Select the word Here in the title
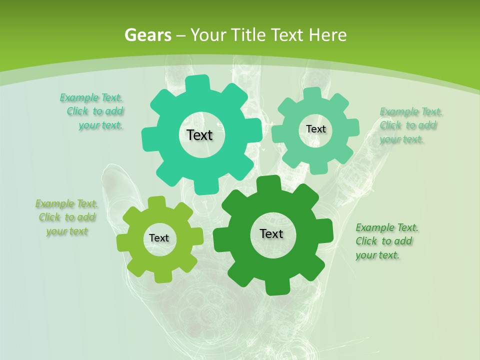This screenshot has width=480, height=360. pyautogui.click(x=327, y=35)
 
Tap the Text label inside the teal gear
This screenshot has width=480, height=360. pyautogui.click(x=199, y=135)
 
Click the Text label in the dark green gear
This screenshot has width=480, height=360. pyautogui.click(x=271, y=233)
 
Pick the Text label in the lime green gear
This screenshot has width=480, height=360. pyautogui.click(x=159, y=238)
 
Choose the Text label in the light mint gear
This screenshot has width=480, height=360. pyautogui.click(x=315, y=129)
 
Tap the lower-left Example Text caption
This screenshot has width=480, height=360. pyautogui.click(x=66, y=217)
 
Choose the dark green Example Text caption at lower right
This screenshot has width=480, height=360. pyautogui.click(x=386, y=241)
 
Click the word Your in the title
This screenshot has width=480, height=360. pyautogui.click(x=207, y=35)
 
